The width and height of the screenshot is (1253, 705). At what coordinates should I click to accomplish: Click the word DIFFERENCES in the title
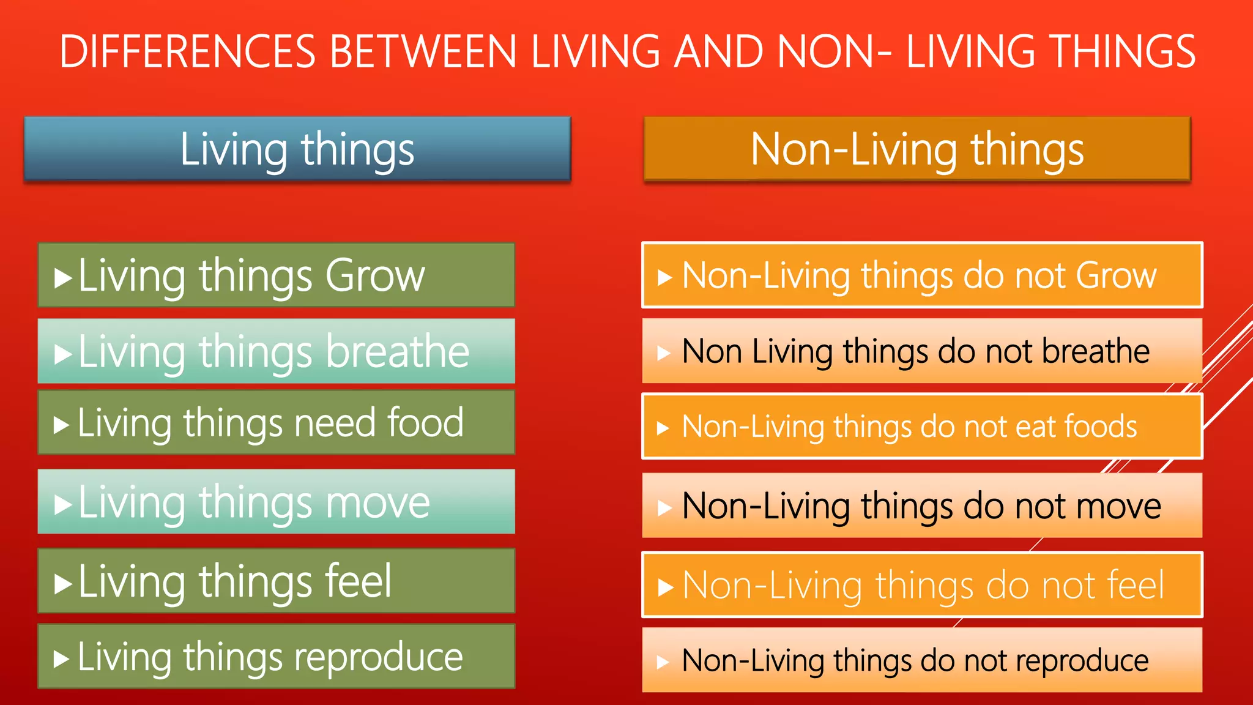[187, 51]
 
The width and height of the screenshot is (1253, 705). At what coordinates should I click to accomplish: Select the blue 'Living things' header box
[297, 149]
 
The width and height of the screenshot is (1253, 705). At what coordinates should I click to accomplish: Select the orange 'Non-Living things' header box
[917, 149]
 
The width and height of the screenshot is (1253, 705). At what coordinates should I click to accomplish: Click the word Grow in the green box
[374, 275]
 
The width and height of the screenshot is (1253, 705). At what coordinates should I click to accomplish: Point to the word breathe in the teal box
[398, 351]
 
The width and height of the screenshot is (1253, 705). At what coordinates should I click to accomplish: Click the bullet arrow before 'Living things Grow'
[62, 278]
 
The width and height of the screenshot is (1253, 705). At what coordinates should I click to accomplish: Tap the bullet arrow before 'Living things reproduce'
[61, 659]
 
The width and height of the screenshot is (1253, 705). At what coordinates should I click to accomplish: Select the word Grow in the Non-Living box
[1116, 275]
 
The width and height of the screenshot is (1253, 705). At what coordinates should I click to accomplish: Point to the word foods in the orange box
[1100, 426]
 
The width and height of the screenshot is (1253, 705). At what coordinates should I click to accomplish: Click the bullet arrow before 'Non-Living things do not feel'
[665, 587]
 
